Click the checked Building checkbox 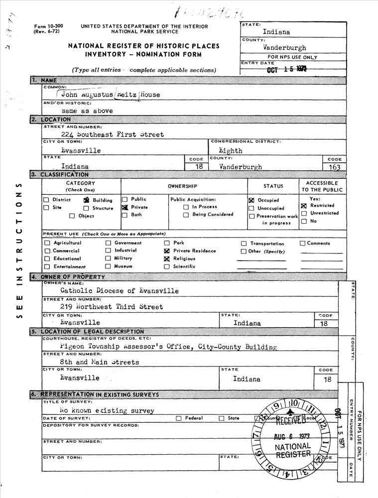click(x=86, y=200)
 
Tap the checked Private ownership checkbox click(x=125, y=207)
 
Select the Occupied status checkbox click(x=252, y=200)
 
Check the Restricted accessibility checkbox click(x=304, y=206)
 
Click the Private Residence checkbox click(x=167, y=251)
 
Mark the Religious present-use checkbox click(x=167, y=259)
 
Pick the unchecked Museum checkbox click(x=108, y=266)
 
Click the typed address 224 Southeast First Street click(x=112, y=134)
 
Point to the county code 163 click(x=335, y=167)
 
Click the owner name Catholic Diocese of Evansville click(x=119, y=290)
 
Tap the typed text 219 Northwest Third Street click(x=111, y=307)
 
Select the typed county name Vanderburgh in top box click(x=284, y=48)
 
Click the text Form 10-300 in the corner click(x=48, y=25)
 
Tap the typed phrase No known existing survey click(x=106, y=411)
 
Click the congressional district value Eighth click(x=231, y=150)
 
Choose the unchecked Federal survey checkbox click(x=178, y=418)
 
